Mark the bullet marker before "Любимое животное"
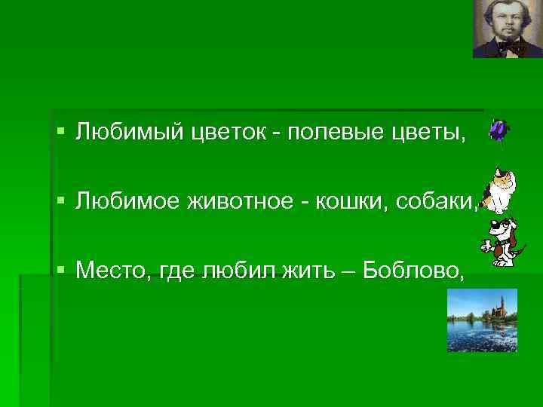pyautogui.click(x=61, y=201)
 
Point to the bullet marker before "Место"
pyautogui.click(x=61, y=270)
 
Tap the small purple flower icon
pyautogui.click(x=498, y=130)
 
